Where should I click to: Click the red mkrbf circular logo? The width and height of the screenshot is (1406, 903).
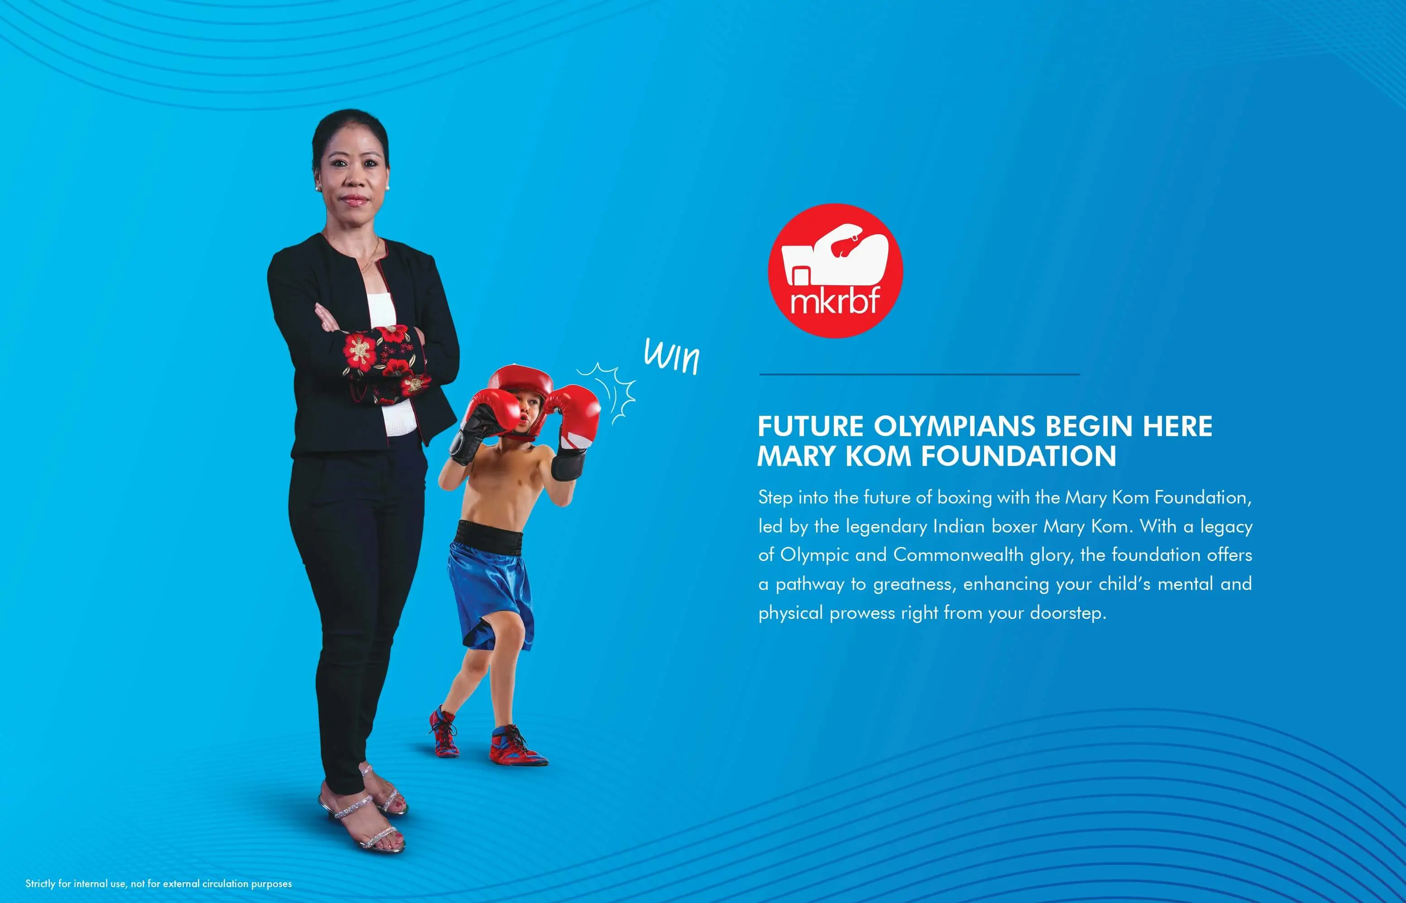point(835,271)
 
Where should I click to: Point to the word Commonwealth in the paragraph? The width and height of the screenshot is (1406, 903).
point(958,554)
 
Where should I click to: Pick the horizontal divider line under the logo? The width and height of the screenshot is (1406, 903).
point(919,374)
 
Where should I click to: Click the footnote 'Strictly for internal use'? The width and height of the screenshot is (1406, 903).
point(158,883)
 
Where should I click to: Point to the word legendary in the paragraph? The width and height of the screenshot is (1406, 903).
point(886,527)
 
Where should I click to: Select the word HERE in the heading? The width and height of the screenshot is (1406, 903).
point(1177,426)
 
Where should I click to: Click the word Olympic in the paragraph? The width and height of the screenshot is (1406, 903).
point(814,555)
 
